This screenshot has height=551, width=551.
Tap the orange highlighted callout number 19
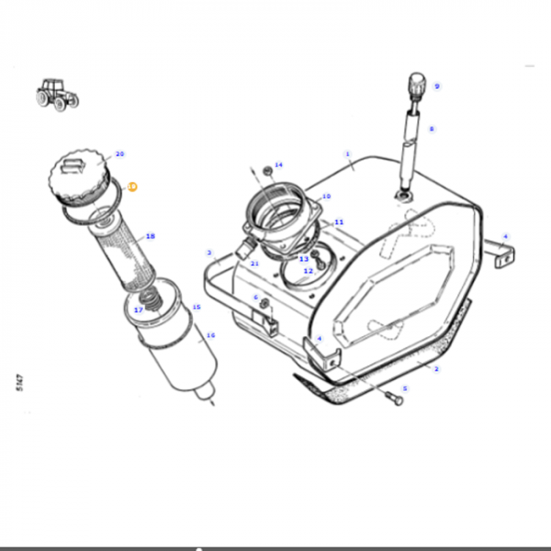point(132,187)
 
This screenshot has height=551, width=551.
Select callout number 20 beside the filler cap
point(120,154)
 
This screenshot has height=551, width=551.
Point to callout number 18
point(150,236)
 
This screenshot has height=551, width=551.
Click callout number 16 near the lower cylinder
point(210,335)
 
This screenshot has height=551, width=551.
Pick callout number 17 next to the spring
point(139,310)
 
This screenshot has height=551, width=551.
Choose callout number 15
point(196,307)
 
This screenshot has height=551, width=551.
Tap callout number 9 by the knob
point(437,87)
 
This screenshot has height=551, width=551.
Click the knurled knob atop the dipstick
point(416,83)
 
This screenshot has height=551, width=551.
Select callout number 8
point(431,128)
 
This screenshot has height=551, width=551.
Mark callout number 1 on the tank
point(347,154)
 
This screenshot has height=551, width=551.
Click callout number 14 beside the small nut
point(278,165)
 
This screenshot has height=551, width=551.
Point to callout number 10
point(326,197)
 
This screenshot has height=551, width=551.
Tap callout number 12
point(308,271)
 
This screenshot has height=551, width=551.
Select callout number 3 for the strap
point(210,253)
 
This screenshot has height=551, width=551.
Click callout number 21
point(254,263)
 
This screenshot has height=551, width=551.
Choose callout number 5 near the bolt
point(405,389)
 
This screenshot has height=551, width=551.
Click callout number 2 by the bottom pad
point(436,369)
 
